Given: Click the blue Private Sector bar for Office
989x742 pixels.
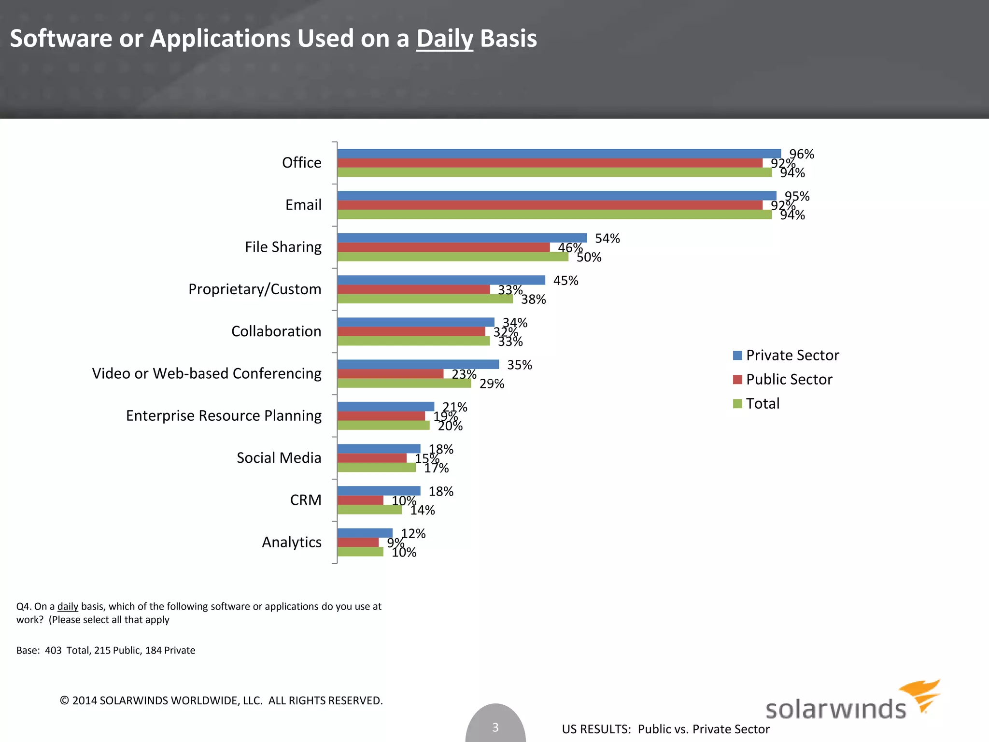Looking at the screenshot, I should pyautogui.click(x=559, y=154).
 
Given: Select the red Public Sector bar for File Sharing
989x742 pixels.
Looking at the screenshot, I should pyautogui.click(x=443, y=247).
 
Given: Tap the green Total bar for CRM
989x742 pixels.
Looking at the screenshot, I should pyautogui.click(x=369, y=510).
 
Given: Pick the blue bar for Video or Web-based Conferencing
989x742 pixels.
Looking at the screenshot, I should pyautogui.click(x=418, y=364).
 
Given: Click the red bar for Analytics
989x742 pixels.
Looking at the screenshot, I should pyautogui.click(x=358, y=542).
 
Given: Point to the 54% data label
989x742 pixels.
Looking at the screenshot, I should pyautogui.click(x=607, y=239).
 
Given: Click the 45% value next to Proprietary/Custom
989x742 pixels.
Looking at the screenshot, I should pyautogui.click(x=565, y=281).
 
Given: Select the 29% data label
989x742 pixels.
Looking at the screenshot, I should pyautogui.click(x=492, y=384).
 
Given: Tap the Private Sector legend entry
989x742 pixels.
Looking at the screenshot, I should pyautogui.click(x=792, y=355).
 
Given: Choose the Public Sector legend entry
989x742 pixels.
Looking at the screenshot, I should pyautogui.click(x=789, y=379).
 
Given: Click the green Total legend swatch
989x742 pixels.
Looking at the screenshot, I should pyautogui.click(x=737, y=403).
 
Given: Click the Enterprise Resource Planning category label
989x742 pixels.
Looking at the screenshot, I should pyautogui.click(x=224, y=415).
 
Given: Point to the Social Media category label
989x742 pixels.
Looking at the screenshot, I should pyautogui.click(x=279, y=457).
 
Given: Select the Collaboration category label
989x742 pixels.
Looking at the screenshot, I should pyautogui.click(x=276, y=331).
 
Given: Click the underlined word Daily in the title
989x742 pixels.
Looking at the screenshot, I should pyautogui.click(x=444, y=39).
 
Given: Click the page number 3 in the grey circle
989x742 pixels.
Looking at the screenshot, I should pyautogui.click(x=495, y=727).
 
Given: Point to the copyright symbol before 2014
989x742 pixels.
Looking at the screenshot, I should pyautogui.click(x=64, y=700).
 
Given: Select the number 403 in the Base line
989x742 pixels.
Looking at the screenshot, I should pyautogui.click(x=53, y=650).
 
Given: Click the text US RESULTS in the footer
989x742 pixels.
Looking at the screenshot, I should pyautogui.click(x=596, y=729).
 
